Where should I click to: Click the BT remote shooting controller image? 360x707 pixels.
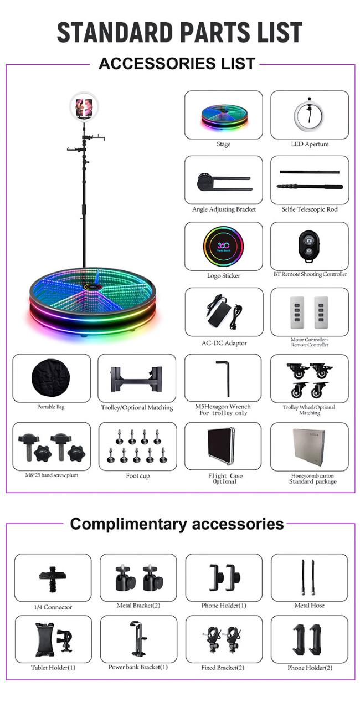coord(309,247)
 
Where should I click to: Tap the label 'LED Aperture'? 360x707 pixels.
coord(310,144)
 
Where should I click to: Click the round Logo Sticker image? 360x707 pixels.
coord(223,246)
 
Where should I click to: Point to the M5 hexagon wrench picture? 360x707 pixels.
coord(223,378)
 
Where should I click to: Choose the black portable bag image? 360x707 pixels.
coord(51,377)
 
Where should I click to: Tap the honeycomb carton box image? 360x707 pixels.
coord(309,447)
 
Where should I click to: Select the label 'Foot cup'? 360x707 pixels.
coord(137,475)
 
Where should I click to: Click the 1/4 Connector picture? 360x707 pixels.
coord(53,579)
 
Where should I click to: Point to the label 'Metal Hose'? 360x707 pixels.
coord(309,605)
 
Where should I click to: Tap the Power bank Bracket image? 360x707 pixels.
coord(138,639)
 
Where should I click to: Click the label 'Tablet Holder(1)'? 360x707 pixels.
coord(53,668)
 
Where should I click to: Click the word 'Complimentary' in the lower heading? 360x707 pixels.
coord(128,525)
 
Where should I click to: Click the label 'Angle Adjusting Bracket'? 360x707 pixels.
coord(224,209)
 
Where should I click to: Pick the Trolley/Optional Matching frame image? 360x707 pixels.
coord(137,379)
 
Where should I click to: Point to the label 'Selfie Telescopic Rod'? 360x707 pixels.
coord(310,209)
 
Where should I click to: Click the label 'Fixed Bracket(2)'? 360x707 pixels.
coord(223,668)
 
